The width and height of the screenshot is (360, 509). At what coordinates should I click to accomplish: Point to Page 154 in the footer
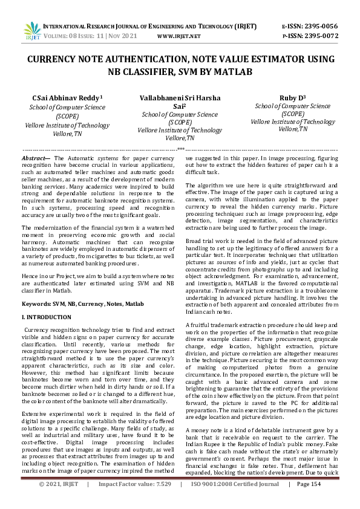click(324, 501)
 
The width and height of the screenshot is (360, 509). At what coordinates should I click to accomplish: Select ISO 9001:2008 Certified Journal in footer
click(241, 501)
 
